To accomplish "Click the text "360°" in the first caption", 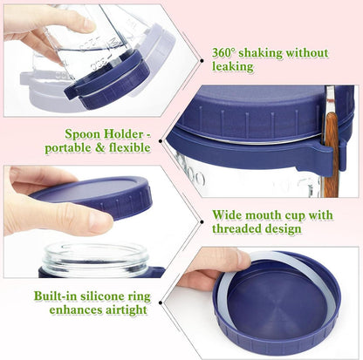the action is tap(223, 53).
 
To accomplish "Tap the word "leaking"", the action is tap(233, 67).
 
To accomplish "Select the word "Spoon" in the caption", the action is tap(83, 134).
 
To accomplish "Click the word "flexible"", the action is tap(130, 147).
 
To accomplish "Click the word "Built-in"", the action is tap(56, 296).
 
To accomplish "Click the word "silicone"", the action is tap(102, 296).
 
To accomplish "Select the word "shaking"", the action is tap(260, 53).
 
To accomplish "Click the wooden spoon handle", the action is tap(332, 154).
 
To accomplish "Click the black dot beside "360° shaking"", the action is tap(202, 61).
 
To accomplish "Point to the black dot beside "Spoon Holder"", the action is tap(161, 141).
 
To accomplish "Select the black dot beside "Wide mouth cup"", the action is tap(202, 222).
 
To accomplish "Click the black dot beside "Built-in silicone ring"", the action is tap(161, 302).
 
